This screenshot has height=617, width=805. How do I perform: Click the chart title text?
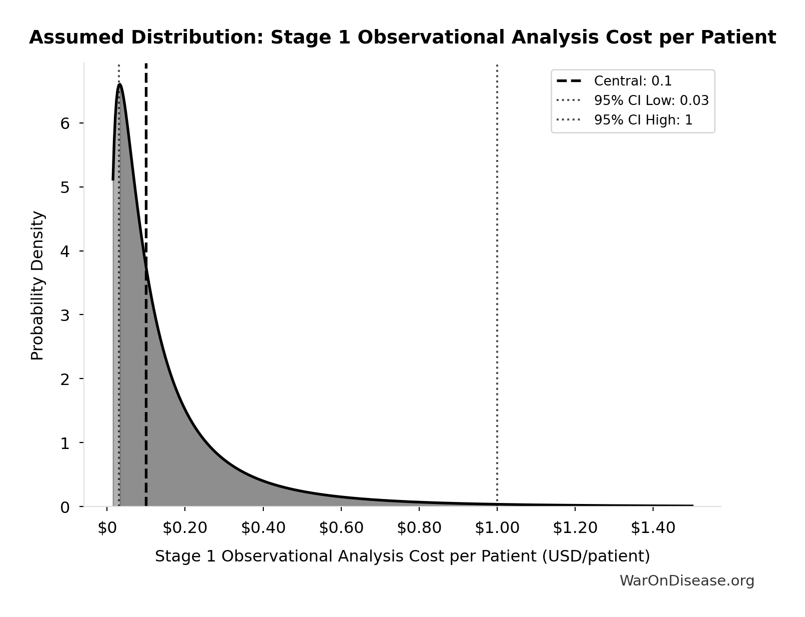tap(402, 37)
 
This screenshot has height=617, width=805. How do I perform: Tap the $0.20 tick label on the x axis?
tap(185, 528)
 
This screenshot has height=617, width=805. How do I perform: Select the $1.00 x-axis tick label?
tap(497, 528)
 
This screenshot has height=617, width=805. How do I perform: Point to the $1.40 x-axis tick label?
tap(653, 528)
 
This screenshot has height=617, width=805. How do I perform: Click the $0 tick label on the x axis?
tap(106, 528)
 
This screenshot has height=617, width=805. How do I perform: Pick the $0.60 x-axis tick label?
tap(341, 528)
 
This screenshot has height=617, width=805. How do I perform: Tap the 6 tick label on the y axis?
tap(65, 123)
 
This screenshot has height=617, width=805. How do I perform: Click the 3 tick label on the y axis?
tap(65, 315)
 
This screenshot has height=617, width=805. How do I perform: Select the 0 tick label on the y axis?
tap(65, 507)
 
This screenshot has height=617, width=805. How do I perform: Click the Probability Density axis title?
tap(38, 285)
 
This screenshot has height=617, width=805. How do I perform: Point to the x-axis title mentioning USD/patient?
tap(402, 556)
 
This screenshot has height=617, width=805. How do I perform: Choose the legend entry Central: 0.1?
tap(633, 81)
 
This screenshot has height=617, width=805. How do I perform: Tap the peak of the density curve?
tap(120, 84)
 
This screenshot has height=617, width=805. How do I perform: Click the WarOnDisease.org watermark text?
tap(687, 580)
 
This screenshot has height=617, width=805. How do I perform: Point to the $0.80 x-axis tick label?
tap(419, 528)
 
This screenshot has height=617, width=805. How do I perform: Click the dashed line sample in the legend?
tap(569, 81)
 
